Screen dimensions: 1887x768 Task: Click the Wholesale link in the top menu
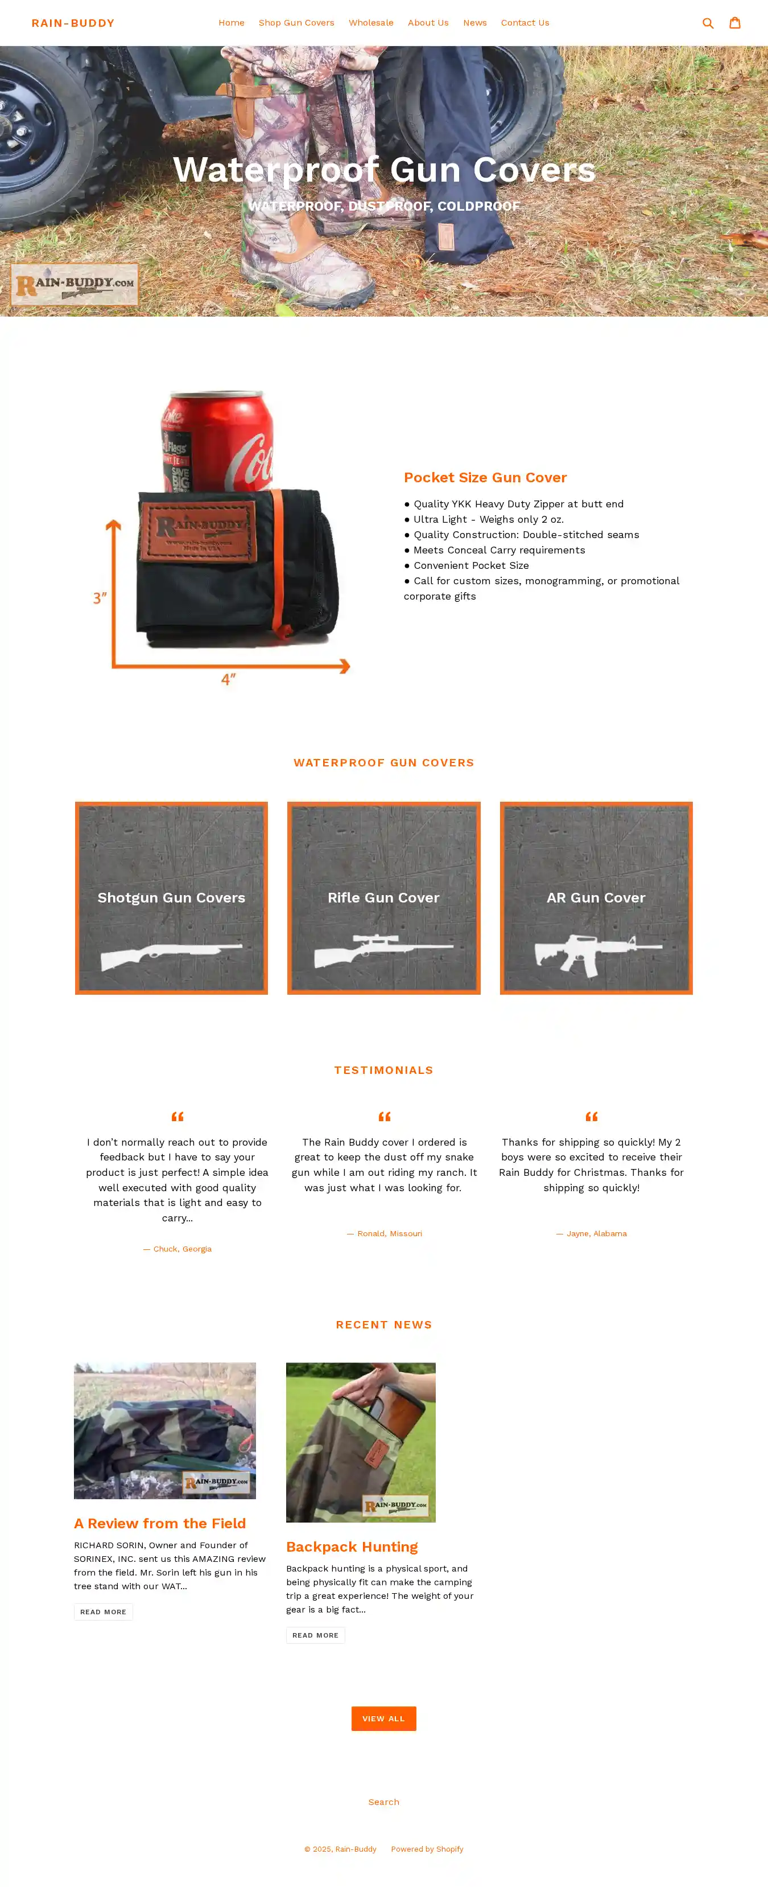(x=370, y=23)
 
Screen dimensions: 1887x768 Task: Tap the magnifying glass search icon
(x=707, y=23)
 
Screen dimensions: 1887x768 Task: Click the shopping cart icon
(x=734, y=23)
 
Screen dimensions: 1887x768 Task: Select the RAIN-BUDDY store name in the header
(x=72, y=23)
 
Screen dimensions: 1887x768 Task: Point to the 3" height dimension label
(x=100, y=598)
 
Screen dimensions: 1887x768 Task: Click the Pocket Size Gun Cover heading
(x=485, y=478)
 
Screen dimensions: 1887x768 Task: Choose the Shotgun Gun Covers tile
(x=171, y=897)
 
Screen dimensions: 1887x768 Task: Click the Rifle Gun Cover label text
(x=383, y=897)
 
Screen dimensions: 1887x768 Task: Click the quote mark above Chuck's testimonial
(x=177, y=1117)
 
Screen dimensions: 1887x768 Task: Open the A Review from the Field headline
(x=160, y=1524)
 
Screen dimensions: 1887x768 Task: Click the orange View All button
(x=383, y=1718)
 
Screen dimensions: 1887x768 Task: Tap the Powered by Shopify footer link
(x=427, y=1849)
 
